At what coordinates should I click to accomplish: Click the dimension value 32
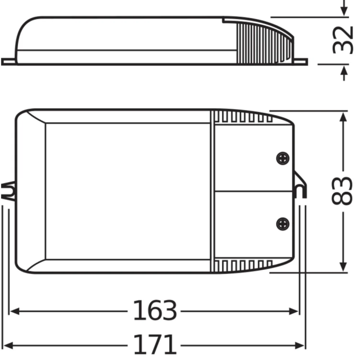[x=343, y=41]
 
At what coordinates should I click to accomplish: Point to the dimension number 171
[x=155, y=344]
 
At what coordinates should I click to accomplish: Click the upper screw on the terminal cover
[x=281, y=158]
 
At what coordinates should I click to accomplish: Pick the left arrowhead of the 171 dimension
[x=8, y=344]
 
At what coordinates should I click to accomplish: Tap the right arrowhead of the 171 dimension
[x=302, y=344]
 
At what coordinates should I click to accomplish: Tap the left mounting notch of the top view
[x=9, y=191]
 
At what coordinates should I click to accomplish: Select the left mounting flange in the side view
[x=9, y=62]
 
